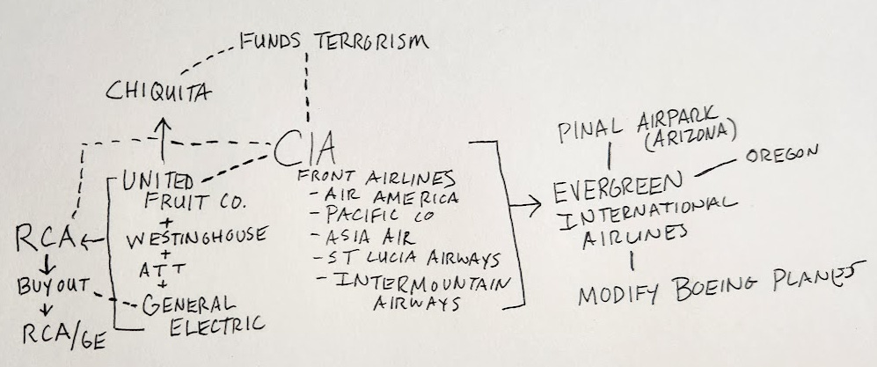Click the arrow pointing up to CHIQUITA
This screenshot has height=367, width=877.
point(162,130)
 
